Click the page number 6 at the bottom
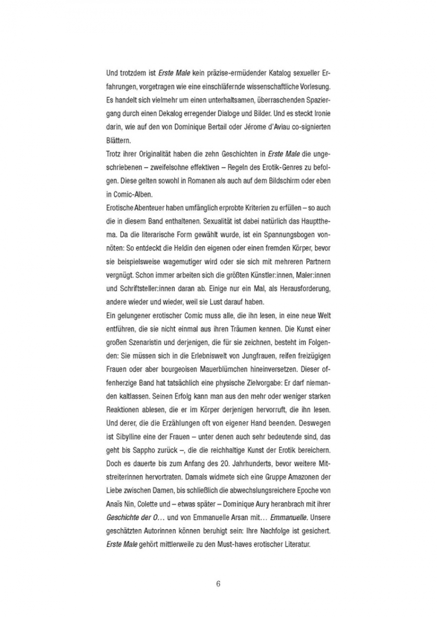click(218, 584)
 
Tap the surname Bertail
click(244, 127)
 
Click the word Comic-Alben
click(132, 194)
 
